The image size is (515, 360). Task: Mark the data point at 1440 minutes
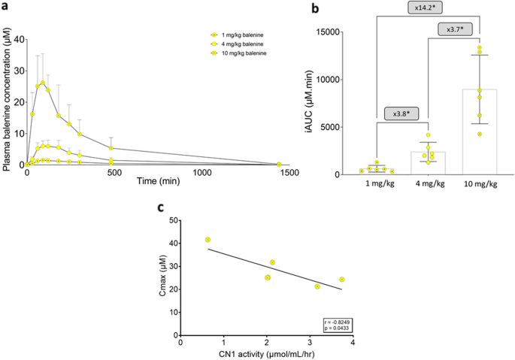279,164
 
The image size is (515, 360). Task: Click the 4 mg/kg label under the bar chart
429,184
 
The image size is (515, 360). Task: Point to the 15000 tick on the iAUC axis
339,32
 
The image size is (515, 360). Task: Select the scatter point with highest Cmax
208,240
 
